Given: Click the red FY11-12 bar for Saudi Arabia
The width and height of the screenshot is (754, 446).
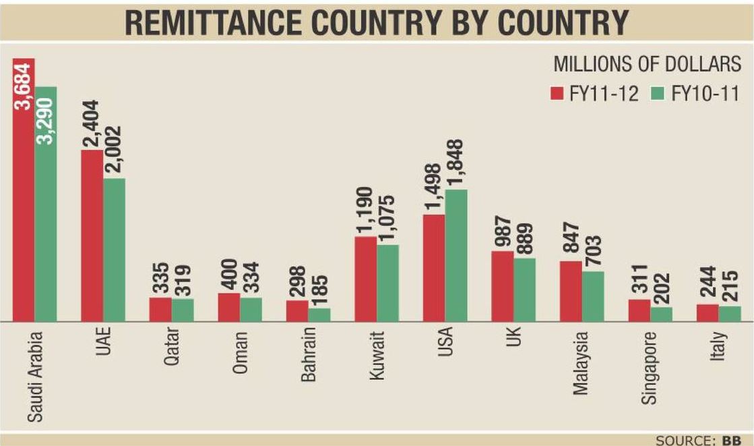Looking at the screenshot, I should pos(24,202).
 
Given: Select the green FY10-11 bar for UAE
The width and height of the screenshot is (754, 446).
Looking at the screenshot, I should pos(115,250).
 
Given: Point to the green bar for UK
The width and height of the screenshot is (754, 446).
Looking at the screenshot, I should pos(524,289).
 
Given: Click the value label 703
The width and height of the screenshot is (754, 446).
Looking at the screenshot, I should pos(594,252).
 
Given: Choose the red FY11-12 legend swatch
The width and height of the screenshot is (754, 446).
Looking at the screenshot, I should pos(557,92).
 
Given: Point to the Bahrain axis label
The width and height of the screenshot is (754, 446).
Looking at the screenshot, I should pos(308,357).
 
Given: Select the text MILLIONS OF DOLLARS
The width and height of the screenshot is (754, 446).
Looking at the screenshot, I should pos(647,65).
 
